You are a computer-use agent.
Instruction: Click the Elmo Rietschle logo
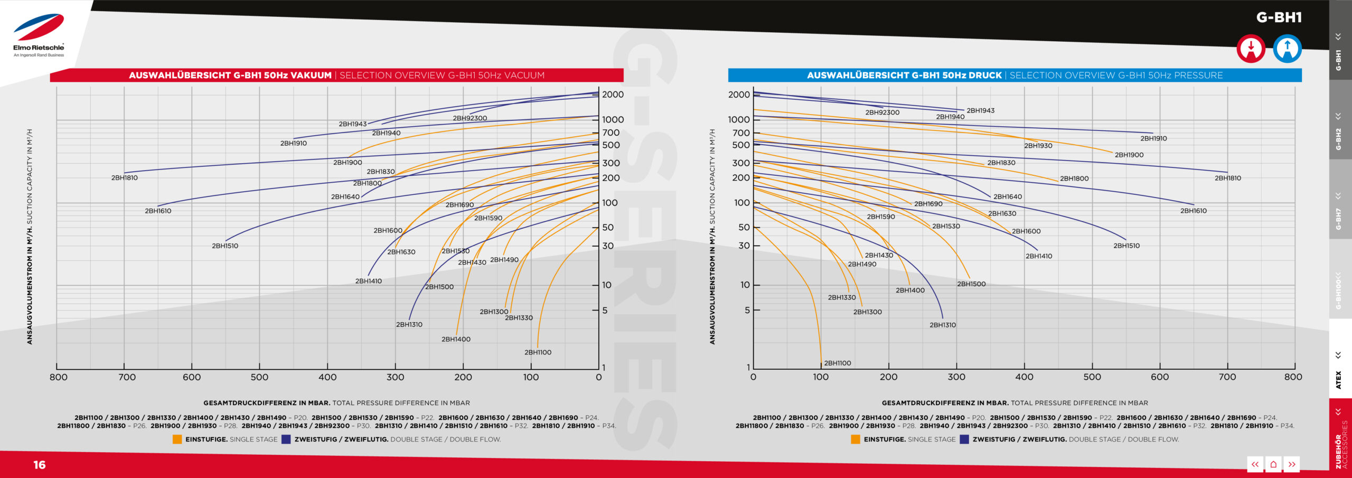click(x=39, y=35)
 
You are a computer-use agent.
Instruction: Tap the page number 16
click(x=40, y=465)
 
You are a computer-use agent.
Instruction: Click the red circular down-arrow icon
click(x=1251, y=49)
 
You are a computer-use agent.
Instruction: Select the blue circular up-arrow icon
click(x=1287, y=49)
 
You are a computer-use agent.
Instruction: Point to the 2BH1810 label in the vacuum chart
click(x=125, y=178)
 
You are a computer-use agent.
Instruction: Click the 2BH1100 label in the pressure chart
click(x=838, y=363)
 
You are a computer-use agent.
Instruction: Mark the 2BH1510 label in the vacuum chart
click(x=225, y=246)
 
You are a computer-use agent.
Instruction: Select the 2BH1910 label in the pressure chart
click(x=1153, y=139)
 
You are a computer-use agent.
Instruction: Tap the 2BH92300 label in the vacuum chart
click(x=470, y=118)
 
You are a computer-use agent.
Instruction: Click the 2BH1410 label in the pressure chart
click(x=1039, y=257)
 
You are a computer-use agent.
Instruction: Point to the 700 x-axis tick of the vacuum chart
click(x=127, y=377)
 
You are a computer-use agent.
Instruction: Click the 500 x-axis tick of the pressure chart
click(x=1092, y=377)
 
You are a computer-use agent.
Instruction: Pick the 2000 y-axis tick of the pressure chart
click(x=739, y=95)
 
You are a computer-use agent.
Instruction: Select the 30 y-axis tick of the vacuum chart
click(x=608, y=246)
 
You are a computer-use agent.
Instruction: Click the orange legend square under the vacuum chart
click(x=177, y=439)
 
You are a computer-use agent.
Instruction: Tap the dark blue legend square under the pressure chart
click(x=964, y=439)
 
